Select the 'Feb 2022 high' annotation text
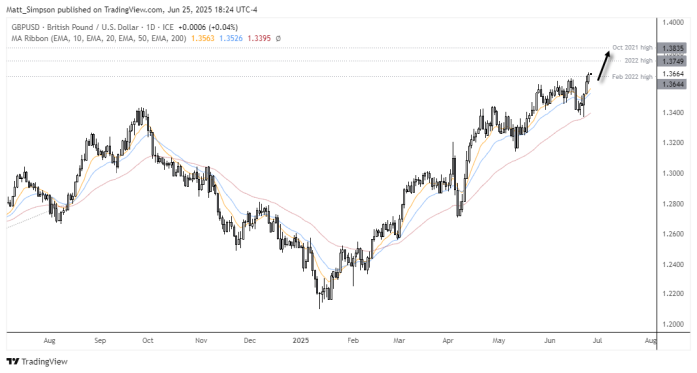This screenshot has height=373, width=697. pyautogui.click(x=632, y=76)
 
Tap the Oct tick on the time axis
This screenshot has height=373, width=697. pyautogui.click(x=147, y=339)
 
